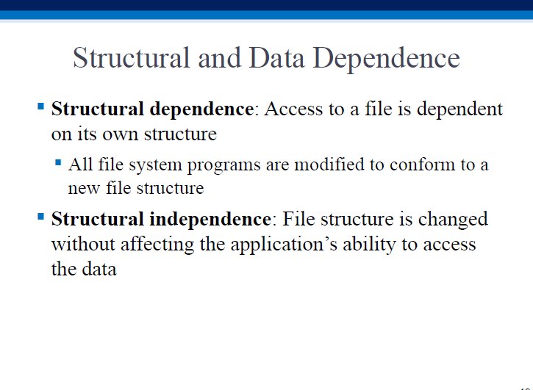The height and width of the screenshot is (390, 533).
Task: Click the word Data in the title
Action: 276,58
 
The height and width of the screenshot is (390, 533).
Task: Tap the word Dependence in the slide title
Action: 386,59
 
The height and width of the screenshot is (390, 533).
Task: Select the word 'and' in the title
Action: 219,58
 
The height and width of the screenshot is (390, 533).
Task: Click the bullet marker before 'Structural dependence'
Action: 40,106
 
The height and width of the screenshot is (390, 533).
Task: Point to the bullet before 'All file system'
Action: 58,162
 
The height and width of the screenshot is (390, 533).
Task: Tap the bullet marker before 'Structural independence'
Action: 40,217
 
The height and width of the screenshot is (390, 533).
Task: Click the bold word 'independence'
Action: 210,220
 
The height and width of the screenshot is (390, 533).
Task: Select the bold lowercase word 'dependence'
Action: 201,109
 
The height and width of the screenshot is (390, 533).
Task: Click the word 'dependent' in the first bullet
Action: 459,109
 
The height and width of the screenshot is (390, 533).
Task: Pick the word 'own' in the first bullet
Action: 121,135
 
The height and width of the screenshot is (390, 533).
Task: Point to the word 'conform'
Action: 422,165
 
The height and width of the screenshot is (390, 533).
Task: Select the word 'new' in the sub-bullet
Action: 85,189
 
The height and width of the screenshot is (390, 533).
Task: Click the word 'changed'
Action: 453,220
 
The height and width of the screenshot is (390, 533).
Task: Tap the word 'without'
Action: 83,245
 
